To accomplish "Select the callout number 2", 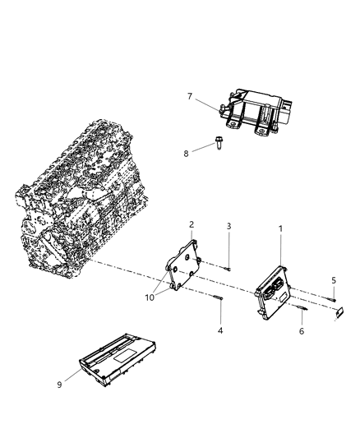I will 192,224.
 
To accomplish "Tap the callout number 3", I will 230,224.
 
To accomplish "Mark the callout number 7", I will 190,97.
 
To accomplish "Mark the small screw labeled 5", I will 332,297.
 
